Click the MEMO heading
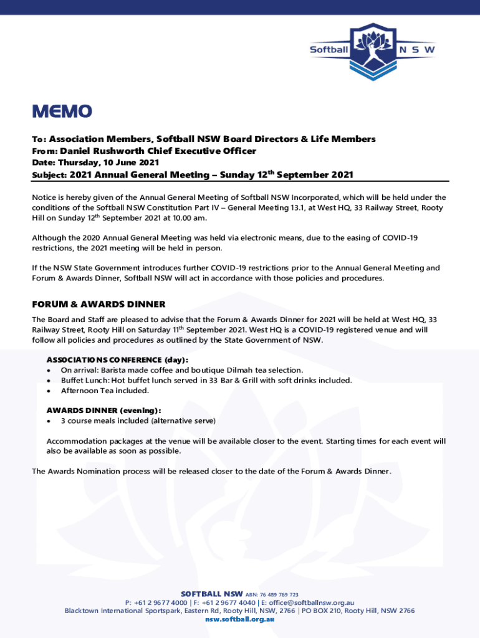[62, 112]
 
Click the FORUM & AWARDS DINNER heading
[98, 305]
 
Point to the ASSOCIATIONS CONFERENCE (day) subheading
[117, 360]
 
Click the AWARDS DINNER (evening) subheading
[104, 411]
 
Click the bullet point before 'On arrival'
[49, 371]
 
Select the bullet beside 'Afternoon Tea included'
[49, 391]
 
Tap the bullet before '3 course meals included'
[49, 421]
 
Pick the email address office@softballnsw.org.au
[312, 603]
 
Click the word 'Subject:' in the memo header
[49, 176]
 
